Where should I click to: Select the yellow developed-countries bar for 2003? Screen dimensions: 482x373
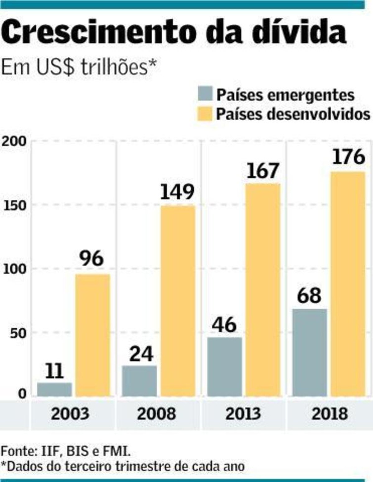[x=93, y=335]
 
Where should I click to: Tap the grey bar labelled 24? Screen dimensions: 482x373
[x=139, y=381]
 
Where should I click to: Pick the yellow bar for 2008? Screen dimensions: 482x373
[x=178, y=301]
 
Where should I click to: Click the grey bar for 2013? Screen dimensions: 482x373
[x=224, y=367]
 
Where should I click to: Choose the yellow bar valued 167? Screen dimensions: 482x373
[x=263, y=290]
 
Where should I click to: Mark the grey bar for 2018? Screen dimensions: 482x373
[x=310, y=353]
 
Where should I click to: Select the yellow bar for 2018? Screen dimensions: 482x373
[x=348, y=284]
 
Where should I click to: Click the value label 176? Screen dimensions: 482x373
[x=348, y=157]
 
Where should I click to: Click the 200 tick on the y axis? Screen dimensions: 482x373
[x=14, y=141]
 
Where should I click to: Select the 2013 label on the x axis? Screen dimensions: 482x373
[x=243, y=414]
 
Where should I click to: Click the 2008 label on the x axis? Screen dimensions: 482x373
[x=156, y=414]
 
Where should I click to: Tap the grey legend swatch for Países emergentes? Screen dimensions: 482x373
[x=205, y=94]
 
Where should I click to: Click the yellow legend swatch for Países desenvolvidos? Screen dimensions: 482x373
[x=205, y=113]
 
